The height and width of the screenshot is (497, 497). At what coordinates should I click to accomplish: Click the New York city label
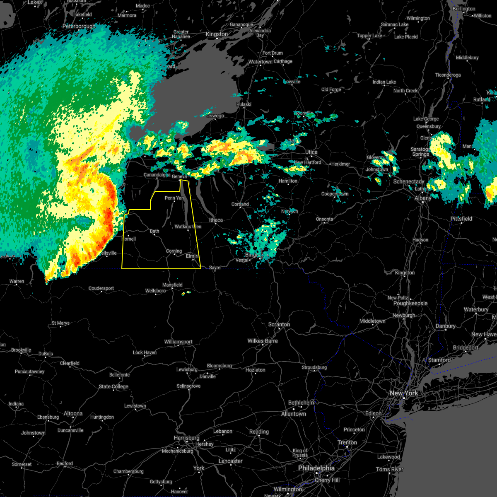point(404,393)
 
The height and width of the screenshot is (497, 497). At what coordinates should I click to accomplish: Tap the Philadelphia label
point(316,468)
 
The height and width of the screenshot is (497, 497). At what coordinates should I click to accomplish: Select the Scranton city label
point(279,324)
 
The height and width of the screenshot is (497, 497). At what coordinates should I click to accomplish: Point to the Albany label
point(423,198)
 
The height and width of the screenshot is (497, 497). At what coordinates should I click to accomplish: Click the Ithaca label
point(216,220)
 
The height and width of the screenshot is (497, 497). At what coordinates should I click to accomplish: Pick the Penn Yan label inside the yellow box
point(174,198)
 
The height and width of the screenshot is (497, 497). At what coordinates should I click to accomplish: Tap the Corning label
point(174,251)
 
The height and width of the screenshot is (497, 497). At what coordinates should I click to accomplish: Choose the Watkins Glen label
point(188,227)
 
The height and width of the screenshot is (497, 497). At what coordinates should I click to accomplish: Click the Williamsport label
point(178,342)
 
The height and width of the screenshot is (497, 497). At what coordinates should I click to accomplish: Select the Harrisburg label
point(187,438)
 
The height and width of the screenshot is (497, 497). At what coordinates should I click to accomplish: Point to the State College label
point(113,386)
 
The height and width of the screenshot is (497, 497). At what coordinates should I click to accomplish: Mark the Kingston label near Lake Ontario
point(217,34)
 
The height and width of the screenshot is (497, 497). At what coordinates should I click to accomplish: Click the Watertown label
point(260,62)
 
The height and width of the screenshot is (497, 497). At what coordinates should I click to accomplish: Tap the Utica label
point(311,152)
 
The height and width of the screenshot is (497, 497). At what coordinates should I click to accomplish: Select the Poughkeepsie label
point(410,303)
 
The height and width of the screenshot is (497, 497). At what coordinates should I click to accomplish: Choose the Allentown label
point(293,414)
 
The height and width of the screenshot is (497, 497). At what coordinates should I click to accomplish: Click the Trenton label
point(347,442)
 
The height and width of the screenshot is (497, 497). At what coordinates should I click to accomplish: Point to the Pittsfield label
point(461,218)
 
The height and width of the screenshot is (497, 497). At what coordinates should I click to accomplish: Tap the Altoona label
point(73,413)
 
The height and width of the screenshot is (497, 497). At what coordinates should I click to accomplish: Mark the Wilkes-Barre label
point(263,341)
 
